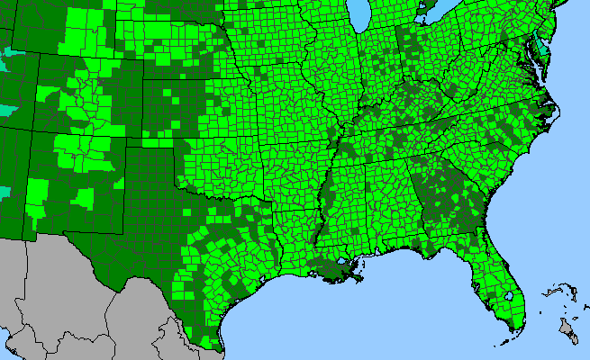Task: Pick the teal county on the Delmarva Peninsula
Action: tap(538, 42)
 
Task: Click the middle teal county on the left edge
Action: tap(9, 109)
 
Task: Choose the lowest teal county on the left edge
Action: tap(5, 192)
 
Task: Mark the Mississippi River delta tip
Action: tap(361, 279)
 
